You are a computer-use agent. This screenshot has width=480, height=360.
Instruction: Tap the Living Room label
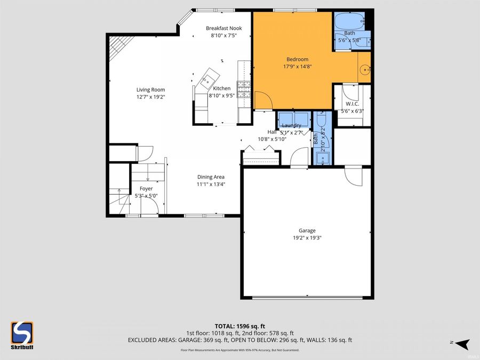[x=150, y=90]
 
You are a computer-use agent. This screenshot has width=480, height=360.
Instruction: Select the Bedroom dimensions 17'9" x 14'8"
[x=297, y=67]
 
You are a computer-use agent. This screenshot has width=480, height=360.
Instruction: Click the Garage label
[x=307, y=230]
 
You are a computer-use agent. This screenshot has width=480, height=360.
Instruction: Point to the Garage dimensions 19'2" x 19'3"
[x=307, y=238]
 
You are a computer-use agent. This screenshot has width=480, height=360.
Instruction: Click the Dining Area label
[x=211, y=177]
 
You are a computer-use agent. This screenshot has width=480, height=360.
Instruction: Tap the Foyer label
[x=146, y=188]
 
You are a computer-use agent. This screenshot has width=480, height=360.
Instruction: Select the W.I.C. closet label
[x=351, y=104]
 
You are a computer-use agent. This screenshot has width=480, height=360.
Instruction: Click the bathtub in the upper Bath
[x=349, y=22]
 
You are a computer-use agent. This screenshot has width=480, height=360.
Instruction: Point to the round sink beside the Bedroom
[x=364, y=69]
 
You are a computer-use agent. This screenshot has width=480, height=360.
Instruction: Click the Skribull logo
[x=22, y=334]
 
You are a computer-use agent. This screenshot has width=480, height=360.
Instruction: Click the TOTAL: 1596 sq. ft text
[x=239, y=325]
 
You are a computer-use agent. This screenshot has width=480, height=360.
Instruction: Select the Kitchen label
[x=222, y=89]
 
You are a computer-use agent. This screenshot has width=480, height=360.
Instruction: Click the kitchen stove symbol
[x=244, y=90]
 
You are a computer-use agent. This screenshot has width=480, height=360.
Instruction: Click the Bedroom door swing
[x=263, y=100]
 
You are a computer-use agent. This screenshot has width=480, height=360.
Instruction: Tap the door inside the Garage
[x=353, y=176]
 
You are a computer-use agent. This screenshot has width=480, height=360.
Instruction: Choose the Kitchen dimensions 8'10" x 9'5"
[x=222, y=96]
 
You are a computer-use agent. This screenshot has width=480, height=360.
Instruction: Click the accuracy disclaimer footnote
[x=239, y=350]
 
